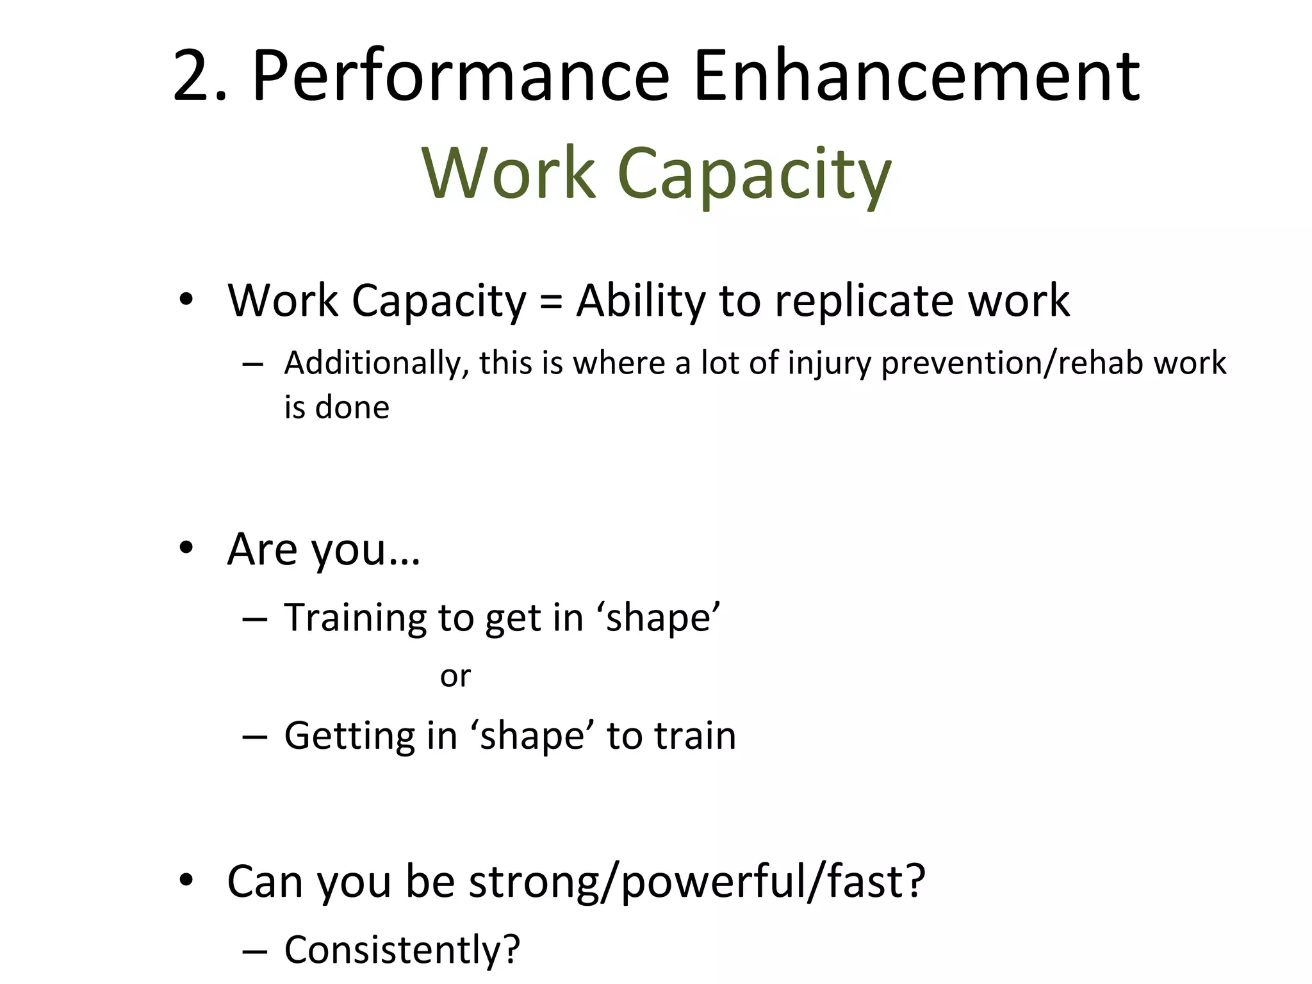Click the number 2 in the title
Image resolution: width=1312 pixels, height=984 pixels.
(x=192, y=77)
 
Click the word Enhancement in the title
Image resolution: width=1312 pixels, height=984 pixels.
(x=916, y=77)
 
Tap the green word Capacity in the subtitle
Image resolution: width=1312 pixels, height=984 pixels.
(x=754, y=175)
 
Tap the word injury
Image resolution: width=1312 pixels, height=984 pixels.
(x=830, y=364)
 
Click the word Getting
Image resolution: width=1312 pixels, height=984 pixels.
(x=350, y=736)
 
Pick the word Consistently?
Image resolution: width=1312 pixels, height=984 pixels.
(x=402, y=949)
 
